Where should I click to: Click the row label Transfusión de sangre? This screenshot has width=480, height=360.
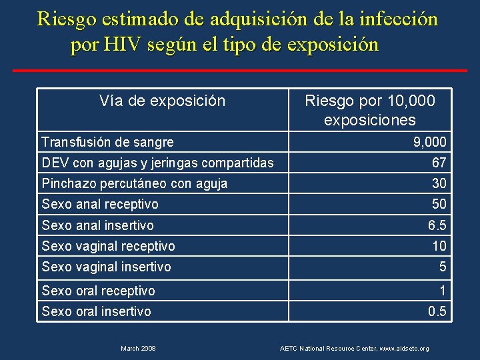(107, 142)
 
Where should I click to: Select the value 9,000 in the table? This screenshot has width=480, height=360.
(430, 142)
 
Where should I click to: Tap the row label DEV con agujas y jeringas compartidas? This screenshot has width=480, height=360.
(157, 163)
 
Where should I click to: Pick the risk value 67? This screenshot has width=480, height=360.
(439, 163)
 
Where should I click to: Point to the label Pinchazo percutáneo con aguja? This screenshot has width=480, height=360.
(134, 183)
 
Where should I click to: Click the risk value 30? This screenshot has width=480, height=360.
(439, 183)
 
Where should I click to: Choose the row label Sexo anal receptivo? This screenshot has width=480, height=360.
(100, 204)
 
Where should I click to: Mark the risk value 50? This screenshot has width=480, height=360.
(439, 204)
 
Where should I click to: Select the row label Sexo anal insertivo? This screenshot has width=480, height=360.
(97, 225)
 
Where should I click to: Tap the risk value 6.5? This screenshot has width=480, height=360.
(437, 225)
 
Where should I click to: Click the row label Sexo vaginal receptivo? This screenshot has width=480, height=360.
(108, 246)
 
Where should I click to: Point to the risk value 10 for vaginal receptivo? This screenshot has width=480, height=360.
(439, 246)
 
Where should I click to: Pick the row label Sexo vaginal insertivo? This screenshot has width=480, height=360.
(106, 267)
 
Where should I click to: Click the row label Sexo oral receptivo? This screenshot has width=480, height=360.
(98, 291)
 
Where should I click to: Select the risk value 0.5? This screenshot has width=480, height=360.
(437, 311)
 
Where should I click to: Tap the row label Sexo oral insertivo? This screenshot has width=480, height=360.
(96, 311)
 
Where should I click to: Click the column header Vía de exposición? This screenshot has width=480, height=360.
(162, 101)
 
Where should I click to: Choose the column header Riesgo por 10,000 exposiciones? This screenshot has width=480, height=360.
(369, 111)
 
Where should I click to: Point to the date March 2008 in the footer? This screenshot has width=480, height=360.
(139, 349)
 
